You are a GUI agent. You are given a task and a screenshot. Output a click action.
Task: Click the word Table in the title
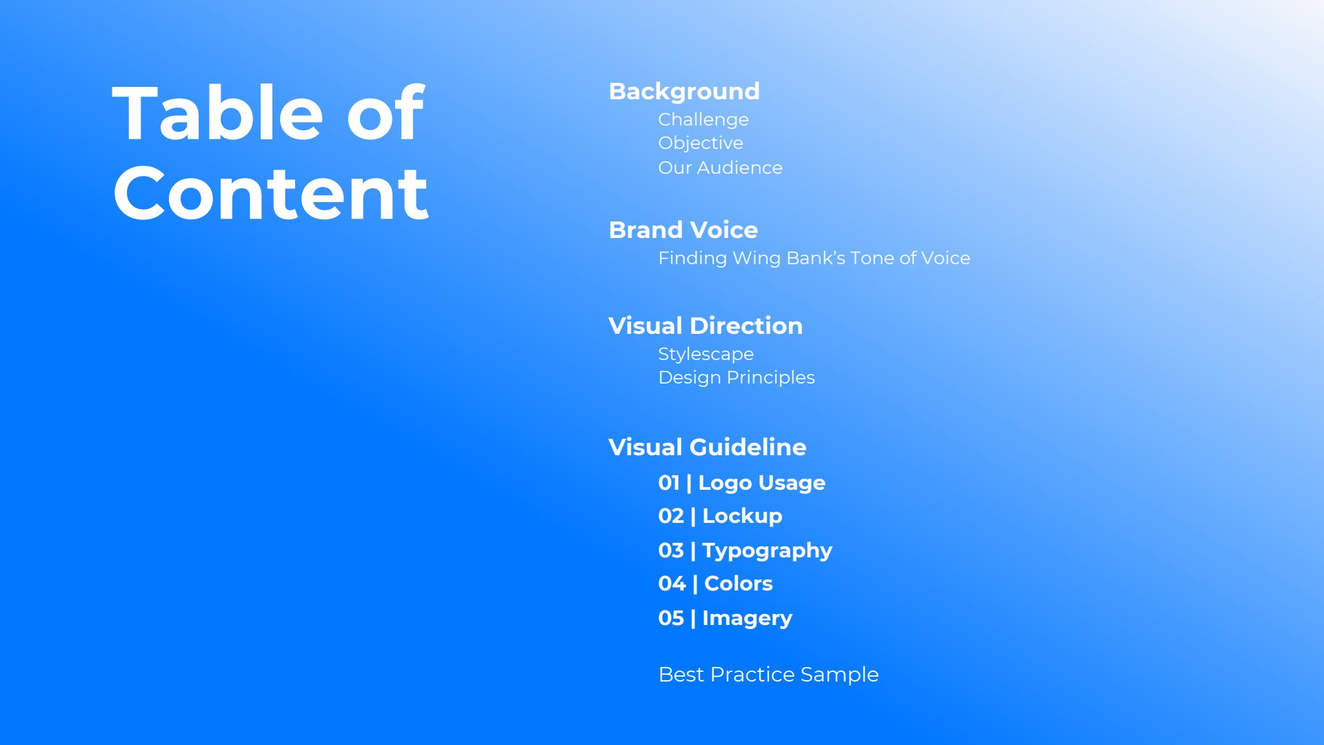[x=218, y=113]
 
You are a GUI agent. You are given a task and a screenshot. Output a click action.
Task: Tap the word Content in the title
[x=271, y=194]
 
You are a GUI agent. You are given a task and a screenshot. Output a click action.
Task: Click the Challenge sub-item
[x=703, y=120]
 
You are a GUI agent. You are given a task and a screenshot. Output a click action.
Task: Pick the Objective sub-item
[x=701, y=143]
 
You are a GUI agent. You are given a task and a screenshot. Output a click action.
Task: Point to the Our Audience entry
[x=721, y=168]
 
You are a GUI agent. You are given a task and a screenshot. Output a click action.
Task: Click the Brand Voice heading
[x=683, y=230]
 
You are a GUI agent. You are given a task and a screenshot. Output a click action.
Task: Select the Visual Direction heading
[x=705, y=326]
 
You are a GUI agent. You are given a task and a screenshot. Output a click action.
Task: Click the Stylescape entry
[x=706, y=355]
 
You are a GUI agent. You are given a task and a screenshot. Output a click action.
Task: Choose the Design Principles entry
[x=736, y=378]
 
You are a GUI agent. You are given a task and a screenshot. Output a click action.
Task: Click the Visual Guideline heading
[x=708, y=447]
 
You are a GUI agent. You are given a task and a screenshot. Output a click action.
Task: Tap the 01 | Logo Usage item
[x=742, y=484]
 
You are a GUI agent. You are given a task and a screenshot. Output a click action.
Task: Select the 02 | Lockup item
[x=721, y=516]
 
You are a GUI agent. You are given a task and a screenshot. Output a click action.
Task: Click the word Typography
[x=768, y=551]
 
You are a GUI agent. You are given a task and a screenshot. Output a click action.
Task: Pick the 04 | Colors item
[x=716, y=584]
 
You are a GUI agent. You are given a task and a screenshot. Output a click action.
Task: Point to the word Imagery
[x=748, y=619]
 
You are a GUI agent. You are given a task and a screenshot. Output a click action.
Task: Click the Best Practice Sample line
[x=769, y=675]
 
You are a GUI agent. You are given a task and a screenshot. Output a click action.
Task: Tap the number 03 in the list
[x=671, y=550]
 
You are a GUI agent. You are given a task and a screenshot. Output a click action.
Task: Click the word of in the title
[x=385, y=113]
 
